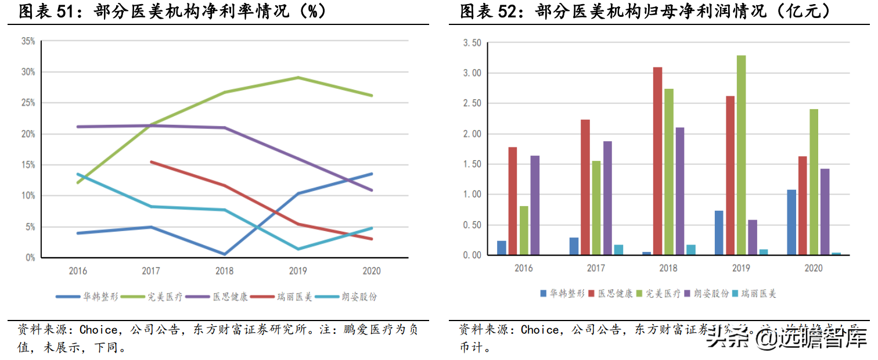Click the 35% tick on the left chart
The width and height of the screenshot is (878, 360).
tap(28, 41)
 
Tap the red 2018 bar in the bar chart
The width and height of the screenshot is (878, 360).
tap(657, 161)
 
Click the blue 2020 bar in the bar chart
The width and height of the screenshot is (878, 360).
tap(791, 222)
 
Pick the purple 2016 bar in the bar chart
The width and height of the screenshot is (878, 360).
tap(535, 205)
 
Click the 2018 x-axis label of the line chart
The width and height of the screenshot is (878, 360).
tap(224, 271)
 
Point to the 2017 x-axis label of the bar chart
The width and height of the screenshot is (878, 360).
tap(596, 268)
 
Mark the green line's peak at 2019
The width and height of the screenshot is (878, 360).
tap(298, 77)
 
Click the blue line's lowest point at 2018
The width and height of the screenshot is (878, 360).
tap(224, 254)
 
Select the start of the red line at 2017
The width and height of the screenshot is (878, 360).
tap(151, 162)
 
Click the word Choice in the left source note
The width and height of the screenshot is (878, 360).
tap(98, 330)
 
